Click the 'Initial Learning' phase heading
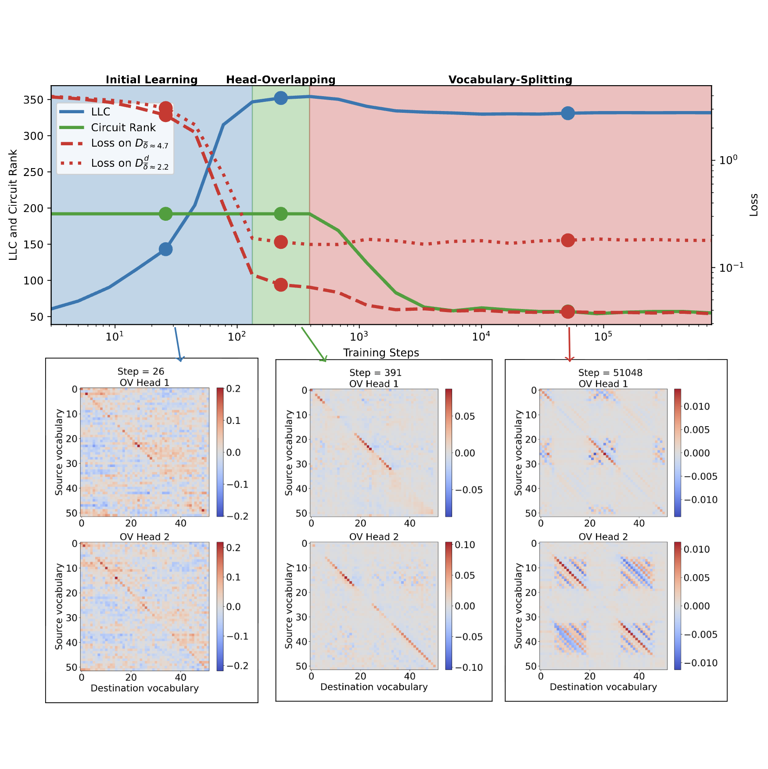click(x=151, y=79)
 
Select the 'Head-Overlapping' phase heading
click(x=280, y=79)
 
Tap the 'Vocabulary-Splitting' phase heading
click(x=510, y=79)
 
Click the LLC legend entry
click(x=100, y=112)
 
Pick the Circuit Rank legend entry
click(x=123, y=128)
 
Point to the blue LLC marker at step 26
click(x=165, y=249)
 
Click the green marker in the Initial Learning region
click(x=165, y=214)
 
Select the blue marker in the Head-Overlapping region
click(x=281, y=98)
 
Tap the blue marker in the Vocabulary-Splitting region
click(x=568, y=113)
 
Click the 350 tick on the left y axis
click(x=33, y=100)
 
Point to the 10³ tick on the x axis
click(x=359, y=337)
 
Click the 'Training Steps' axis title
click(x=381, y=353)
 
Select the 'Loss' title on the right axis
click(x=754, y=205)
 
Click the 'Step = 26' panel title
click(x=140, y=372)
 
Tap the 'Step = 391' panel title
click(x=375, y=373)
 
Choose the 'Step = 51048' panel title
click(x=610, y=373)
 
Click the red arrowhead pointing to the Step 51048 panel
click(x=570, y=359)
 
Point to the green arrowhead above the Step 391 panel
click(x=324, y=359)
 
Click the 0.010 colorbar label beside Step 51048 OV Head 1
click(x=696, y=406)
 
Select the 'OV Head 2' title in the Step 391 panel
click(x=374, y=537)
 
